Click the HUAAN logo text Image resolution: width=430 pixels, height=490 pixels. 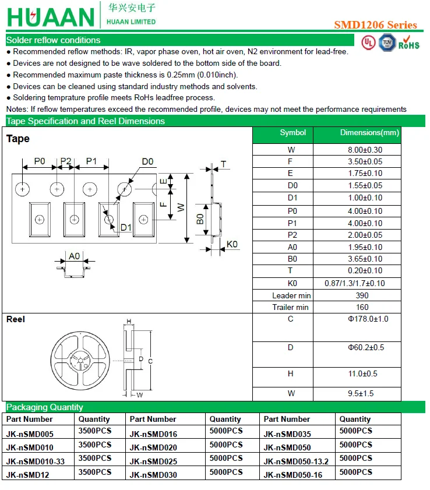[x=50, y=17]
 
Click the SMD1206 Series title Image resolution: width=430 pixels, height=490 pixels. [x=375, y=25]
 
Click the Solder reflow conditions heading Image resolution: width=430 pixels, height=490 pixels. [x=53, y=40]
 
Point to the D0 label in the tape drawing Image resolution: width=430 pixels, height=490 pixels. [x=147, y=161]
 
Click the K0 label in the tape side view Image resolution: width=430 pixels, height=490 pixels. [x=232, y=244]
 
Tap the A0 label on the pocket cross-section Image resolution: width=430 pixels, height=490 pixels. [x=74, y=256]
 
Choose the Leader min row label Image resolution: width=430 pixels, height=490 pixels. [x=291, y=295]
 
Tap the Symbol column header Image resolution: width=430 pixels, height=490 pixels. [x=292, y=133]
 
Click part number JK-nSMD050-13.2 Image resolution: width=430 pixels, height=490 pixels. [x=296, y=461]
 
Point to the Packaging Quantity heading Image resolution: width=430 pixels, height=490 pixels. [x=45, y=407]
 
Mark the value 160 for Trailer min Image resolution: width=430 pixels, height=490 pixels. [x=362, y=307]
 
